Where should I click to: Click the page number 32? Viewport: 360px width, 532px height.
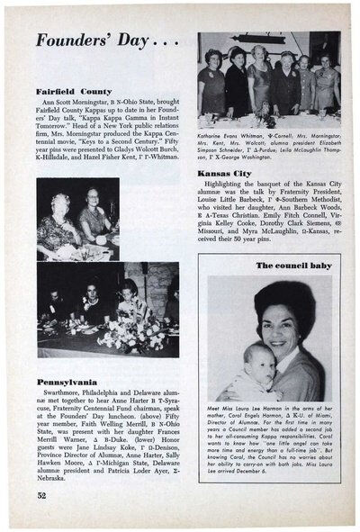point(42,494)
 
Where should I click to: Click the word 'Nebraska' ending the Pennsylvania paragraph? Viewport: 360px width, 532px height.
point(55,473)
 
